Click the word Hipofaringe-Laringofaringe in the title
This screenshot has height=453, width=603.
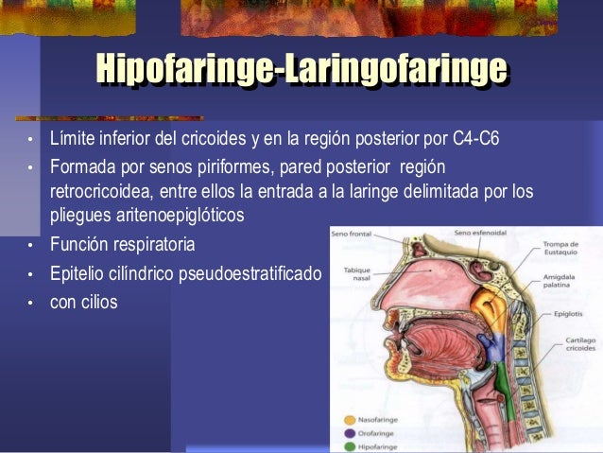click(301, 69)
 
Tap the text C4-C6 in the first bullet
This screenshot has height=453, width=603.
click(475, 141)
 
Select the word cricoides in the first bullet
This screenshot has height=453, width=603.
click(214, 141)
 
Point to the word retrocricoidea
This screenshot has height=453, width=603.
click(97, 191)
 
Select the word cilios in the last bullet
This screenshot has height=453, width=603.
click(97, 305)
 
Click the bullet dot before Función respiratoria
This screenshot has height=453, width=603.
click(29, 247)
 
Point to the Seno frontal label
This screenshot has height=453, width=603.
click(351, 232)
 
